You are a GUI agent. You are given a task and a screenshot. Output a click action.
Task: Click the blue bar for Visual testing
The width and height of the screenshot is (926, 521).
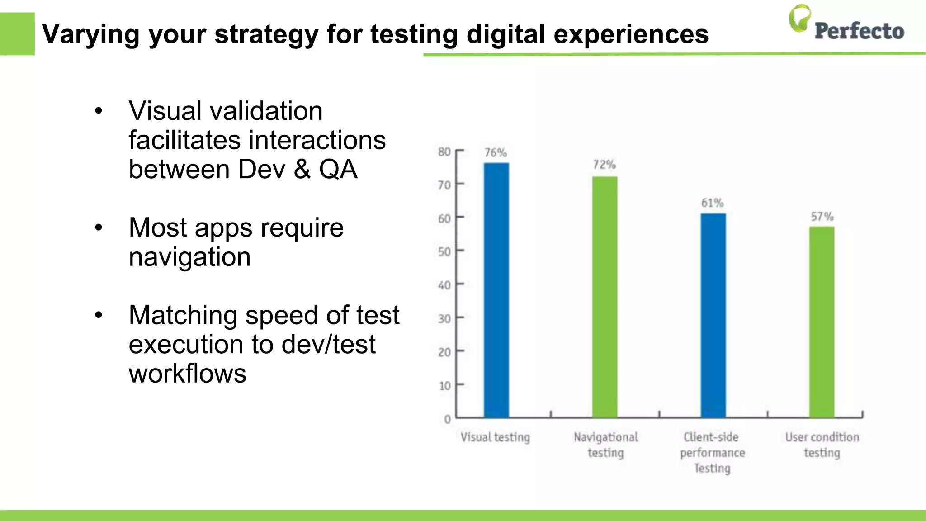(x=496, y=289)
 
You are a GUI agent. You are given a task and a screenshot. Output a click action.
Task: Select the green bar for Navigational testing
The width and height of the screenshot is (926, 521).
(x=605, y=297)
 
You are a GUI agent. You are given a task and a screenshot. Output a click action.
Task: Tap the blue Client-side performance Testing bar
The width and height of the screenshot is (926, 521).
(x=713, y=315)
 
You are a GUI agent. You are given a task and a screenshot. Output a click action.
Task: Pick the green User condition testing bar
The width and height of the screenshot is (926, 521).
(x=822, y=322)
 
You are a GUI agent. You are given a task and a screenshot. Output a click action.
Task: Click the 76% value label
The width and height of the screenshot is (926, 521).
(x=496, y=153)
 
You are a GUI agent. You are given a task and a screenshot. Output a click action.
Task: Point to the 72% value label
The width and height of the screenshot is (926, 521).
(x=605, y=165)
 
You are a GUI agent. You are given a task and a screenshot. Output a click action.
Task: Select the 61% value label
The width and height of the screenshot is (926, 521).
(x=713, y=203)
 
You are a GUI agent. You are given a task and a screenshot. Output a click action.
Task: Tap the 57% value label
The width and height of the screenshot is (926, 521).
(x=822, y=216)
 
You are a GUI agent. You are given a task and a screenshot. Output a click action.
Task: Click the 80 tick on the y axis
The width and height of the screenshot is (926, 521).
(x=444, y=152)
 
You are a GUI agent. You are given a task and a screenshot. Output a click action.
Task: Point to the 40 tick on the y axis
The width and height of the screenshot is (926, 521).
(x=444, y=285)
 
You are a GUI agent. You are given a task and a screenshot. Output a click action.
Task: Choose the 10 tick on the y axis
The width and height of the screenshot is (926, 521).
(x=444, y=386)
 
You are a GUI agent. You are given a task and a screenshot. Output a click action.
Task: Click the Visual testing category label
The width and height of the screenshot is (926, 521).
(x=495, y=437)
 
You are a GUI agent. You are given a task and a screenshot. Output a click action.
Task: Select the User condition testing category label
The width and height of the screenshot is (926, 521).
(x=822, y=445)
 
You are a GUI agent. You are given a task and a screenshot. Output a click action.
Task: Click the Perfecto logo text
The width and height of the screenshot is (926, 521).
(x=859, y=31)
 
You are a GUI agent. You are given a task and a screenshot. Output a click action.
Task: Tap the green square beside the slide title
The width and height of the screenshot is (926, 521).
(x=17, y=34)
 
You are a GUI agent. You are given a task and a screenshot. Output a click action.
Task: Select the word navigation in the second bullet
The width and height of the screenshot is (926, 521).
(x=189, y=257)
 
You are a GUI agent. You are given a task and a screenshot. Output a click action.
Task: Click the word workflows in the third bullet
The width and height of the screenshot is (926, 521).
(x=187, y=374)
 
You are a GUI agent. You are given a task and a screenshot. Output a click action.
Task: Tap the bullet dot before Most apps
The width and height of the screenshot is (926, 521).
(x=99, y=227)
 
